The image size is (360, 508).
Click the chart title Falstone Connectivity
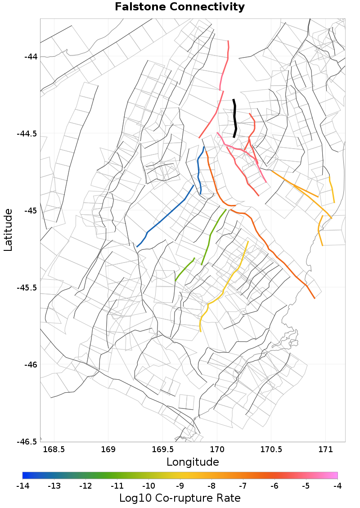[180, 7]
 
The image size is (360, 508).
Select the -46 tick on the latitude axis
[31, 364]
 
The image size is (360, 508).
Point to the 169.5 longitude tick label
[163, 449]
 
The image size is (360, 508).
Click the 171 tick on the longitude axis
[325, 449]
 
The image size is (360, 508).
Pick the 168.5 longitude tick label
[54, 449]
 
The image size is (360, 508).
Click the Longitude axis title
[193, 462]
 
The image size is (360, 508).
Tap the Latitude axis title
[8, 230]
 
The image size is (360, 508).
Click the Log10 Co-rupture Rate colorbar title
[180, 498]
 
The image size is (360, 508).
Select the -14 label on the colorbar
[22, 486]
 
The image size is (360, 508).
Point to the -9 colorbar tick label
[180, 486]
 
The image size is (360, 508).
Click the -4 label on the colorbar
[337, 486]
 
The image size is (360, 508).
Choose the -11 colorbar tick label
[117, 486]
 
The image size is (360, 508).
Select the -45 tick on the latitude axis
[31, 211]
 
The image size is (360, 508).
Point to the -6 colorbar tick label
[274, 486]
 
